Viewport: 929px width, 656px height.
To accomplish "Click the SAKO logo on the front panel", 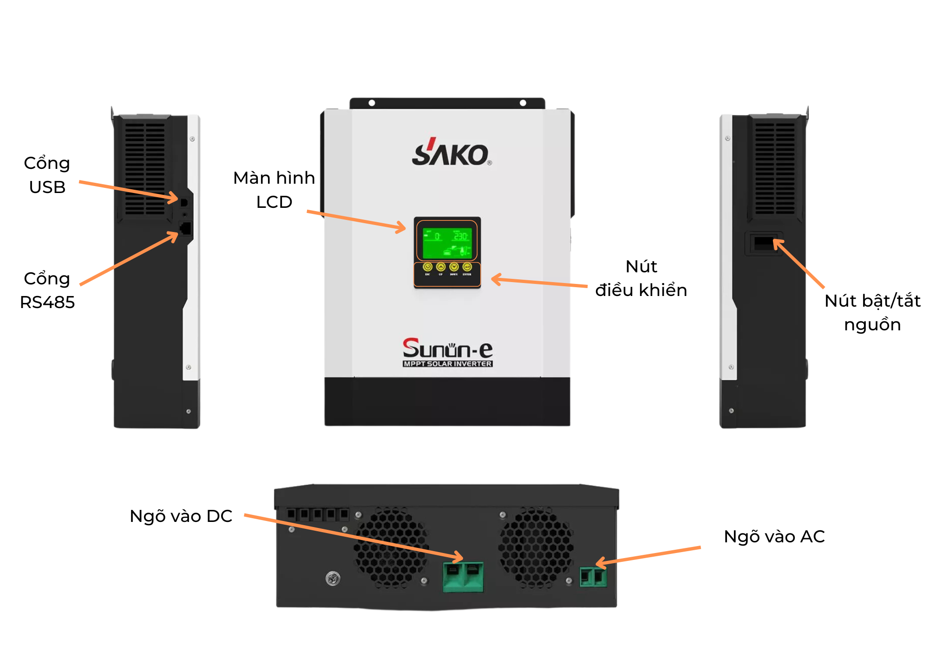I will point(451,153).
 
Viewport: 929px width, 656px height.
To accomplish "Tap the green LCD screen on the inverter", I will point(447,242).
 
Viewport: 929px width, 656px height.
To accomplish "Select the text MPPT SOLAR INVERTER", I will point(447,364).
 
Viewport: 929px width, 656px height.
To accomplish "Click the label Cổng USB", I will point(47,175).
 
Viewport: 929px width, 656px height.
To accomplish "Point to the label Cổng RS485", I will point(47,290).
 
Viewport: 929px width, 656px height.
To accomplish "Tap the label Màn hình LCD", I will point(274,190).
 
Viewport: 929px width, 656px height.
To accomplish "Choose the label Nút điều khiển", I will point(641,278).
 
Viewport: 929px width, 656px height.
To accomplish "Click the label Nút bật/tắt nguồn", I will point(872,312).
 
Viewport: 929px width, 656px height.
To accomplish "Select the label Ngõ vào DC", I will point(181,516).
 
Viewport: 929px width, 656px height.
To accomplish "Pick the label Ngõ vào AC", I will point(774,536).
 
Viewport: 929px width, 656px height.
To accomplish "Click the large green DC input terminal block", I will point(463,577).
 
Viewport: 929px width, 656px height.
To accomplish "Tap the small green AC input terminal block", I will point(593,577).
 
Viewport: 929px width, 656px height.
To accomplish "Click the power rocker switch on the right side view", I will point(763,243).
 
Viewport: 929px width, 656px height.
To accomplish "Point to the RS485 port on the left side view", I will point(185,228).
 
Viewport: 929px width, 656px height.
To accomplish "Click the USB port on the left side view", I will point(184,203).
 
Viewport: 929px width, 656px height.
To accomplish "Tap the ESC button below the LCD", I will point(427,267).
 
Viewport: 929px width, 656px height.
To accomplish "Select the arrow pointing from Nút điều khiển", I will point(539,282).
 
